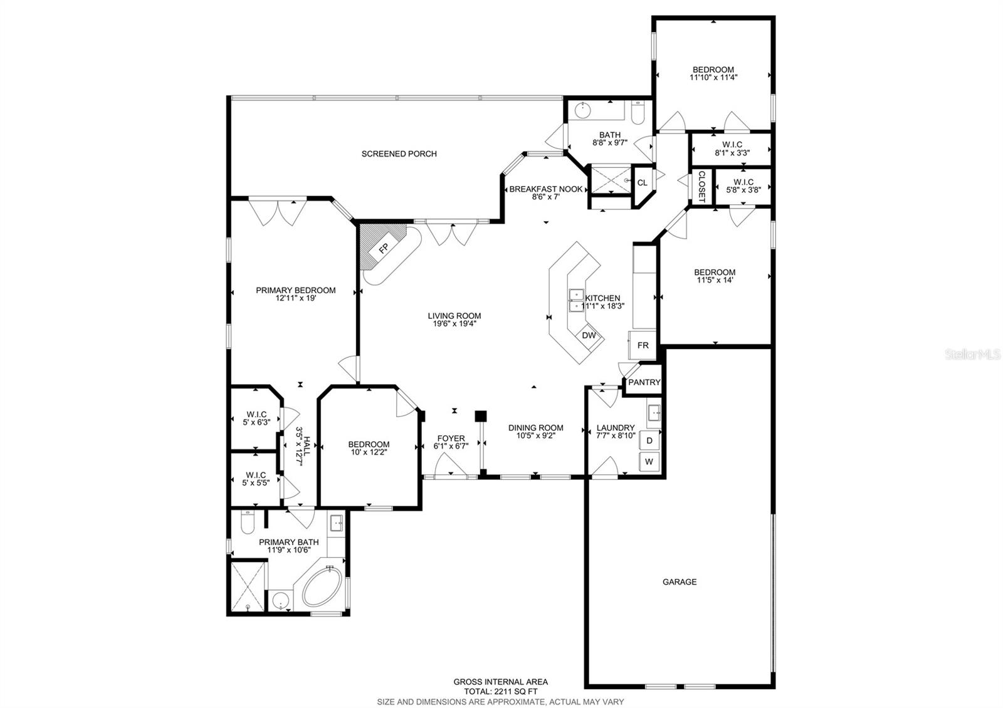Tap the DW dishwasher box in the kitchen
point(589,335)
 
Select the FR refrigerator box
point(643,345)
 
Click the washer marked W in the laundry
point(649,462)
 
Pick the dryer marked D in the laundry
point(649,440)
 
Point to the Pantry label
point(644,382)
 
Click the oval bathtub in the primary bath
point(322,587)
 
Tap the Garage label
point(680,582)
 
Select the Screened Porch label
point(399,154)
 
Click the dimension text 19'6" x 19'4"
point(454,324)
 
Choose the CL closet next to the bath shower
point(642,183)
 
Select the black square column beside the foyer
point(481,415)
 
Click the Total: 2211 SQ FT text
point(500,691)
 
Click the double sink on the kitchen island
point(575,300)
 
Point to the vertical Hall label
point(303,446)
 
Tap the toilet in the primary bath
point(246,521)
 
